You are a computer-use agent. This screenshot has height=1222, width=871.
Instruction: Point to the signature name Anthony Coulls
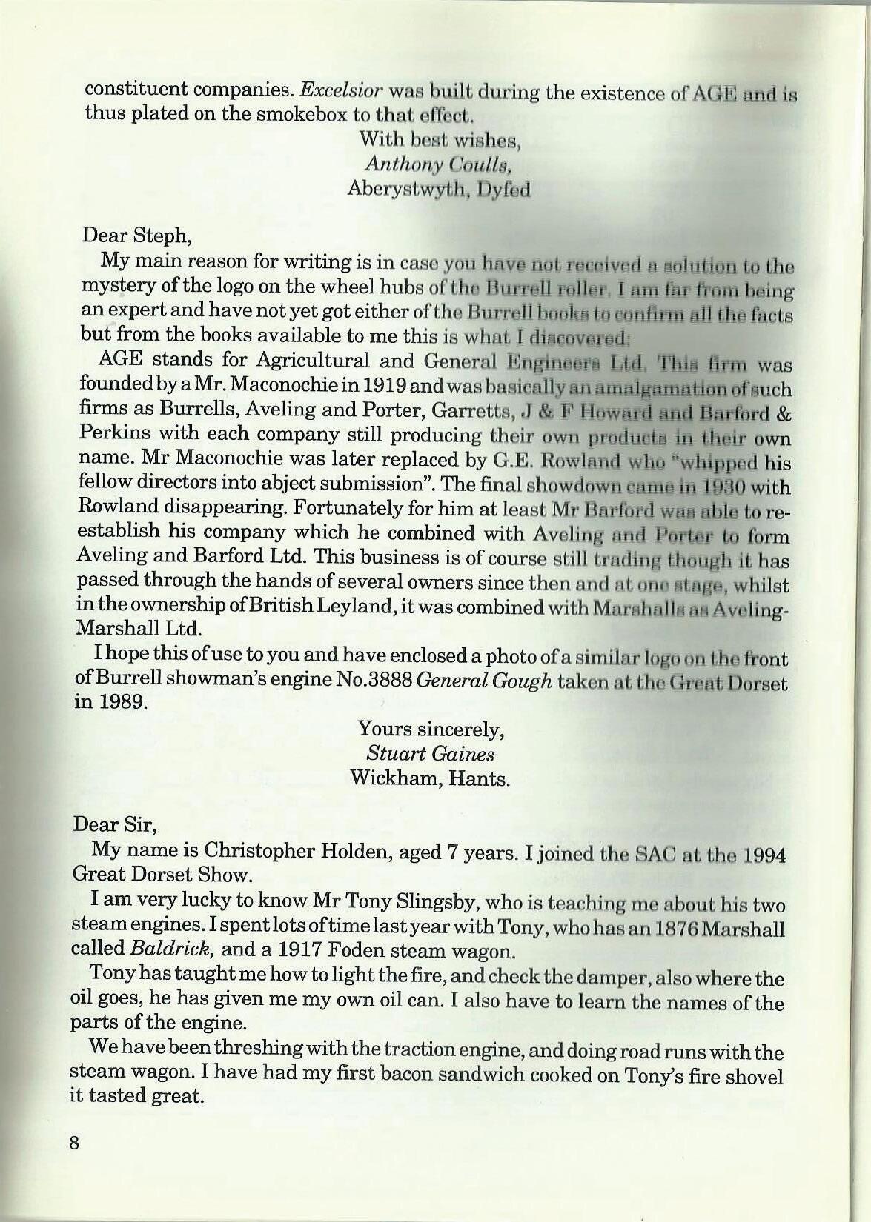(439, 164)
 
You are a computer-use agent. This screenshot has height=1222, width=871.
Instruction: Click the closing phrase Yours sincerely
(431, 729)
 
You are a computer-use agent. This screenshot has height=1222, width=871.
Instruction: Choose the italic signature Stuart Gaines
(431, 754)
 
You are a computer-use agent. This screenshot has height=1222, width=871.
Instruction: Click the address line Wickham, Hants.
(430, 778)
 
